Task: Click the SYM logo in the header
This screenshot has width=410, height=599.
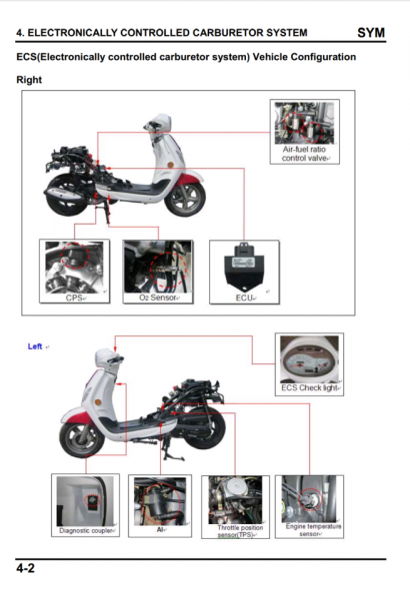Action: [x=371, y=33]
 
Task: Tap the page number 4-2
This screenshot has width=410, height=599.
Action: [x=25, y=568]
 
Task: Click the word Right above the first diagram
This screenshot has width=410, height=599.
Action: [x=29, y=80]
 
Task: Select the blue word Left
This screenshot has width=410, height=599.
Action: [x=35, y=346]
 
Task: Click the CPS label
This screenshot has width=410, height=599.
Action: [x=74, y=298]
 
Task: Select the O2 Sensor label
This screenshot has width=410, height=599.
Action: [x=157, y=298]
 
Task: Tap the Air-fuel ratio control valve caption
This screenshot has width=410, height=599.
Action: [x=304, y=154]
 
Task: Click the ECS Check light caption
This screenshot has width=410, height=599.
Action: [x=309, y=387]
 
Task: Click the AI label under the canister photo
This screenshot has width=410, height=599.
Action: [x=160, y=530]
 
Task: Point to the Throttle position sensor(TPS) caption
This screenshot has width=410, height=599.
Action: [x=240, y=531]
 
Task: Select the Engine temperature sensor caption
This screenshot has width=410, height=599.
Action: [x=313, y=530]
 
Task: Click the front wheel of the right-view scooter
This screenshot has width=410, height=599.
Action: [x=185, y=200]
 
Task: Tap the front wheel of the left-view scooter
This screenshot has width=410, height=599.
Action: [x=82, y=438]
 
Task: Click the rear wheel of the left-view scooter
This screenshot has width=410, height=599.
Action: [x=204, y=427]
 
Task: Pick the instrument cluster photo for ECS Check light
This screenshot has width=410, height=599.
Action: [x=309, y=359]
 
